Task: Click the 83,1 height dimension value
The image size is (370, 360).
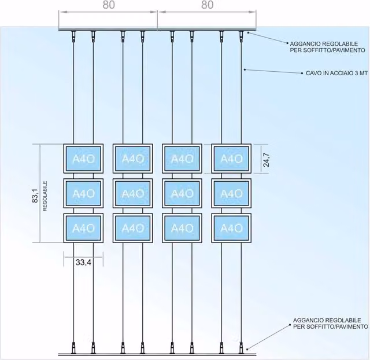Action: [x=35, y=196]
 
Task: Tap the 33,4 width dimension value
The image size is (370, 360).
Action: [x=83, y=262]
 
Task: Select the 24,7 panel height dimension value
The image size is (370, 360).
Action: [x=267, y=160]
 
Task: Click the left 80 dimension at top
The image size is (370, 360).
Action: [x=109, y=5]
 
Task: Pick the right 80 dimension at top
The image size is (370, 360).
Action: [x=208, y=5]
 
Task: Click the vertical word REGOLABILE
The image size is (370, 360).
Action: [x=45, y=196]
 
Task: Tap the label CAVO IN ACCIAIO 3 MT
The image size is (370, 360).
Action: [x=336, y=74]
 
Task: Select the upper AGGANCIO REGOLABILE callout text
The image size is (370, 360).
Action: [x=328, y=47]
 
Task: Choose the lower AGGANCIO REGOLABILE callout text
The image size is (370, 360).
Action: [x=331, y=324]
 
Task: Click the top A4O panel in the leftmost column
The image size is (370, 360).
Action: [x=83, y=159]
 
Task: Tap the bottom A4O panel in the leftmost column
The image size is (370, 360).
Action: [x=83, y=228]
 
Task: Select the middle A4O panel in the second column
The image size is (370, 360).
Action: [x=132, y=193]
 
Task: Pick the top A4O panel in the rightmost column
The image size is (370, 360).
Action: [x=231, y=159]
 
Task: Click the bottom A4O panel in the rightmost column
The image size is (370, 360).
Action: [x=231, y=228]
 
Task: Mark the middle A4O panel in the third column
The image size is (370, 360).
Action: [x=182, y=193]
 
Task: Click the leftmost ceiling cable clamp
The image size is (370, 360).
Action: [x=73, y=36]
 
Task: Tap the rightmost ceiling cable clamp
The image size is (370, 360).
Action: [x=241, y=36]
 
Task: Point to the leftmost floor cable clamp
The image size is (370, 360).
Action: [x=73, y=347]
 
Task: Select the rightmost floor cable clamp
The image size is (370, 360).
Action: [x=241, y=347]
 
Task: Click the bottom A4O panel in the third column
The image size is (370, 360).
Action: [x=182, y=228]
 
